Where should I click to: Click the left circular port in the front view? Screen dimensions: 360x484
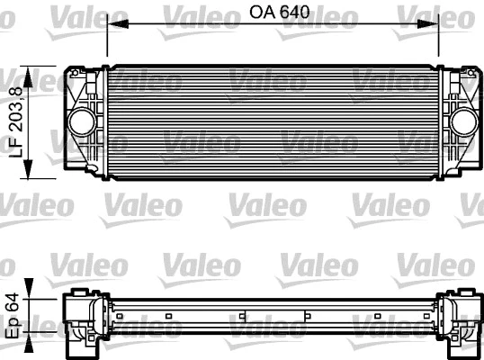point(83,121)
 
